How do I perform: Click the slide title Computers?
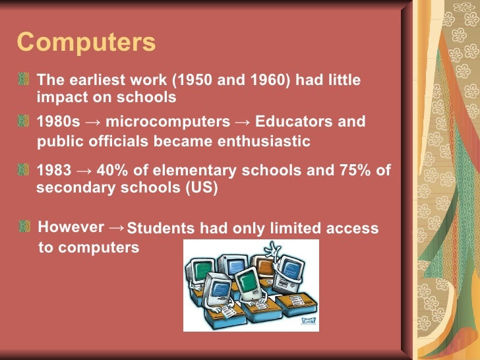point(86,42)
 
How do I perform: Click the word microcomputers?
point(167,122)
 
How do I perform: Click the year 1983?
point(55,171)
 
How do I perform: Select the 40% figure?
point(113,171)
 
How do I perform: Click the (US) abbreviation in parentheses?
point(202,187)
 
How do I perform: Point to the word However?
point(71,227)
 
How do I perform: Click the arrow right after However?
point(115,227)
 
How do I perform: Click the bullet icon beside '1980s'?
point(24,122)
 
